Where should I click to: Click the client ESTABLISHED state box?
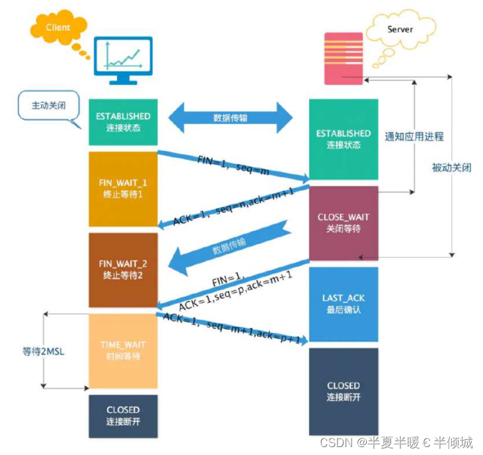pyautogui.click(x=124, y=121)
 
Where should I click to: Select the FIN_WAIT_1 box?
pyautogui.click(x=124, y=189)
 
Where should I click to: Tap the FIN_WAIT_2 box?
pyautogui.click(x=124, y=269)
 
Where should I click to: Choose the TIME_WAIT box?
pyautogui.click(x=124, y=350)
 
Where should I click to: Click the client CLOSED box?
pyautogui.click(x=124, y=416)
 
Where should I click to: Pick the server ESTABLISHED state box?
pyautogui.click(x=344, y=139)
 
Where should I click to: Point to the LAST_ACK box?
pyautogui.click(x=344, y=304)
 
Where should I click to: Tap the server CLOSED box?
pyautogui.click(x=344, y=391)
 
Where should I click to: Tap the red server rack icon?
pyautogui.click(x=344, y=58)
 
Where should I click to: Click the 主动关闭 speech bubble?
pyautogui.click(x=50, y=106)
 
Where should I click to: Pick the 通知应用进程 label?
pyautogui.click(x=414, y=137)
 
